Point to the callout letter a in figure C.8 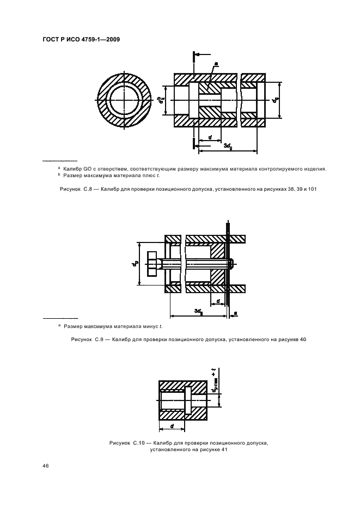coord(216,64)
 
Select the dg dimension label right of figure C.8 coord(276,100)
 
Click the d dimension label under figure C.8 coord(210,137)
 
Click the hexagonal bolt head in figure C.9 coord(152,264)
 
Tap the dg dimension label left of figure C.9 coord(134,264)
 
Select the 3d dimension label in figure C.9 coord(199,311)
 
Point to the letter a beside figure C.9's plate coord(235,312)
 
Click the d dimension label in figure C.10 coord(172,426)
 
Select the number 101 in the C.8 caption coord(313,189)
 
